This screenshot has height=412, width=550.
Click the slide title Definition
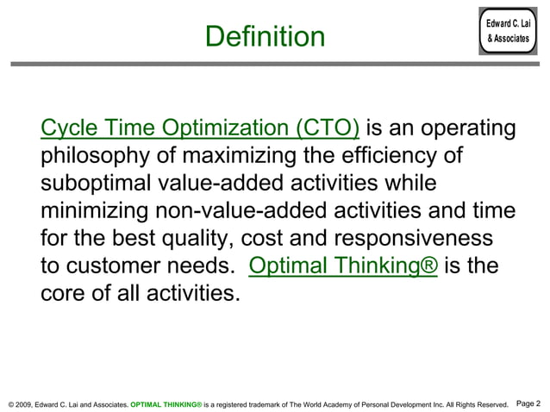tap(266, 37)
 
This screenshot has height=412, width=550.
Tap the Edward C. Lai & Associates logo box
tap(508, 33)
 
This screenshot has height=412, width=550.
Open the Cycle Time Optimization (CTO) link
tap(200, 129)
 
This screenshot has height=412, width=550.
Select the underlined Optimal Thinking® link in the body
tap(343, 265)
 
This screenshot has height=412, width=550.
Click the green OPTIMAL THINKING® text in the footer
tap(166, 403)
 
